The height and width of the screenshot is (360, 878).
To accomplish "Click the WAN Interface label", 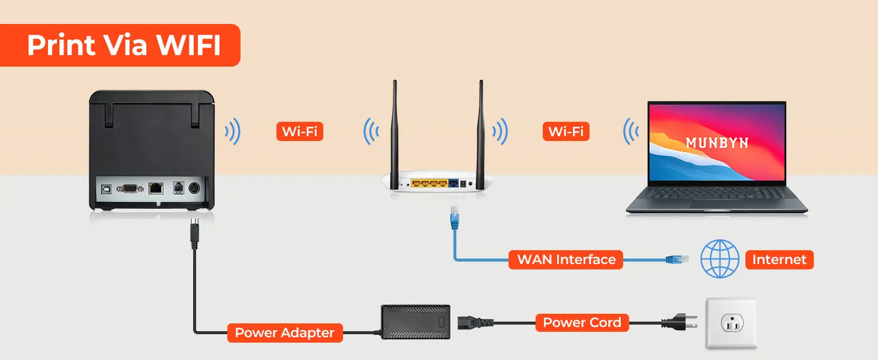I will (566, 260).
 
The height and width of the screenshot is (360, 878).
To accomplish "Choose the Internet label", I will (779, 260).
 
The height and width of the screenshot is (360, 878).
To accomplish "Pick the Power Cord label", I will (582, 323).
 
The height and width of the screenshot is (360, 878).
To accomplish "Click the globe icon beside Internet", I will (720, 259).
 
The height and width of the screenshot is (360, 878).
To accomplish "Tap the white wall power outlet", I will (730, 324).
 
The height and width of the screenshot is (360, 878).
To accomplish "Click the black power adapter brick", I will (416, 322).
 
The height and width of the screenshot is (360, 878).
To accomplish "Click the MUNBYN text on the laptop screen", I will (717, 143).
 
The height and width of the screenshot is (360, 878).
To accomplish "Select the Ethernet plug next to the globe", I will (676, 260).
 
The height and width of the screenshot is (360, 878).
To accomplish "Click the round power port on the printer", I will (194, 188).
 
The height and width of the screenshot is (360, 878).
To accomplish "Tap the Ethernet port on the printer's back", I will (157, 188).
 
